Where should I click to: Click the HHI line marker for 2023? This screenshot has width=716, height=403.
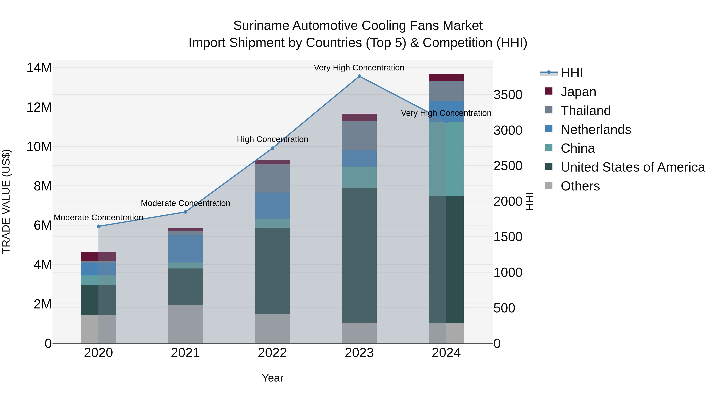point(359,76)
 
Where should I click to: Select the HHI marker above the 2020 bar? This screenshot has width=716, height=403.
point(98,226)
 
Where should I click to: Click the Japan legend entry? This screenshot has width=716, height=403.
point(578,92)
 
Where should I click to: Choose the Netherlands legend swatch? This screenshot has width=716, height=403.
point(549,129)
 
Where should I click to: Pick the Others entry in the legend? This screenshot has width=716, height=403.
point(580,186)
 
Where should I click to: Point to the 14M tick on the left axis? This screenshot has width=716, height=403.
point(39,68)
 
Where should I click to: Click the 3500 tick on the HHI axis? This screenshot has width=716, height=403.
point(508,95)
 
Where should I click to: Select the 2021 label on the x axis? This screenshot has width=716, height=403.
point(185,353)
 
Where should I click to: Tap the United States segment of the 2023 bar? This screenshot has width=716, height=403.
point(359,255)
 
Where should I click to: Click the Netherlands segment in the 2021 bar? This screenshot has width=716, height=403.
point(185,249)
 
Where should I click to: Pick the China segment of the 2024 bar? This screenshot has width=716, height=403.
point(446,159)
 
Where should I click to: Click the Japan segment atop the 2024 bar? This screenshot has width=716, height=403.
point(446,77)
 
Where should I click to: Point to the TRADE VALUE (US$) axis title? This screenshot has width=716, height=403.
point(6,201)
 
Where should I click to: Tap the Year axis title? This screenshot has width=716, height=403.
point(272,378)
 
